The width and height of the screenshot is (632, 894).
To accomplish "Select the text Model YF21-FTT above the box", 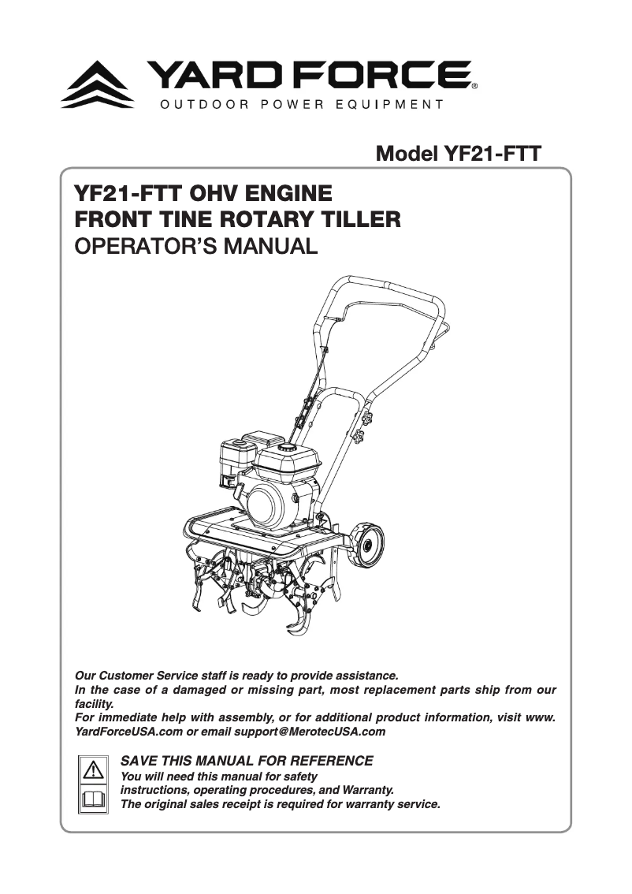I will pyautogui.click(x=459, y=153).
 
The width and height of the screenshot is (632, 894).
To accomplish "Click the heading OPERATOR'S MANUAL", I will pyautogui.click(x=195, y=246).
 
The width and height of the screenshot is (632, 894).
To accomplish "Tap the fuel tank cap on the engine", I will pyautogui.click(x=285, y=447).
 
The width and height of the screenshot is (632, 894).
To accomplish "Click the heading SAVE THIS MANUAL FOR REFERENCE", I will pyautogui.click(x=246, y=761).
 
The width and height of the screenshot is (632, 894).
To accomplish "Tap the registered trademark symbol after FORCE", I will pyautogui.click(x=473, y=86).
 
